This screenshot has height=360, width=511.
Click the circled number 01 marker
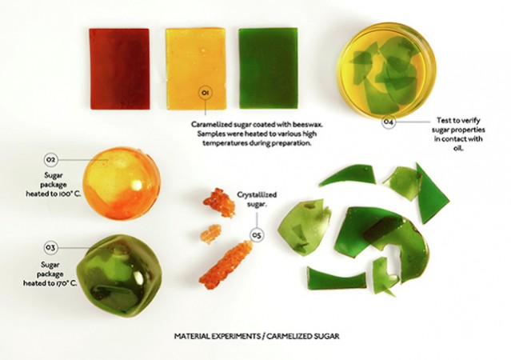click(x=206, y=94)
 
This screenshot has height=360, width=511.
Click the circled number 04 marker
click(x=388, y=122)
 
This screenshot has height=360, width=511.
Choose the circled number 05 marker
click(x=257, y=235)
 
